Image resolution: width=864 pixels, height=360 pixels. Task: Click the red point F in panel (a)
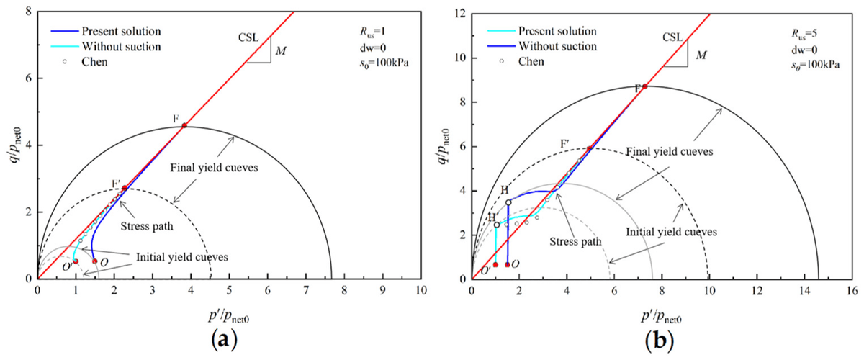[x=184, y=125]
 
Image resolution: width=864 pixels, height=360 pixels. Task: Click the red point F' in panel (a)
[x=125, y=188]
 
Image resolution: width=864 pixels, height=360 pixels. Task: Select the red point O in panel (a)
[x=94, y=261]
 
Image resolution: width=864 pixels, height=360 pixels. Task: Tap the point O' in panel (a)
[x=76, y=261]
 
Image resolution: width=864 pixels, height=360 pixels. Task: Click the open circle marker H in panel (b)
[x=508, y=202]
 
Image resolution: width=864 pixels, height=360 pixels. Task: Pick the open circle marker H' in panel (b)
[x=497, y=225]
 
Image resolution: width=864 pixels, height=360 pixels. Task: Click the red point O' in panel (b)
[x=495, y=264]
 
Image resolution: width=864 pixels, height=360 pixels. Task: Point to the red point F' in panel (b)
[x=590, y=149]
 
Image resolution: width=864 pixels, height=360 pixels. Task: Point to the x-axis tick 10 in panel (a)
[x=421, y=292]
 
